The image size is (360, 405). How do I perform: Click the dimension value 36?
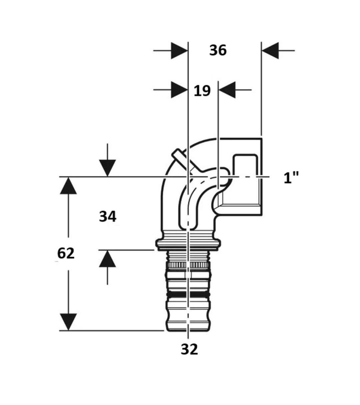(218, 50)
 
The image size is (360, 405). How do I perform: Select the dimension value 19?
(203, 91)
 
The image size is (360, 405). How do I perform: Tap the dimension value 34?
(108, 216)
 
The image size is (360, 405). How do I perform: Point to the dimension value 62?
(66, 254)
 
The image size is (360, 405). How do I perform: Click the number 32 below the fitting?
(189, 349)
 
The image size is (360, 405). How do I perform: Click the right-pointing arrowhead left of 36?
(179, 51)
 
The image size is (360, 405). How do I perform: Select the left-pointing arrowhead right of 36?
(270, 51)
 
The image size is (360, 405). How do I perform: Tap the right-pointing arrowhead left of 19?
(179, 90)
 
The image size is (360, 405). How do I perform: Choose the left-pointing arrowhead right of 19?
(227, 90)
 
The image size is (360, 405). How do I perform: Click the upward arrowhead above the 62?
(68, 185)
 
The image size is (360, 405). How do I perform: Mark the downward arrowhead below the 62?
(68, 322)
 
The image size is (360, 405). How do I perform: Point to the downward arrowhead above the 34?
(108, 168)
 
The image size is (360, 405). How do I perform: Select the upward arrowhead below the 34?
(108, 259)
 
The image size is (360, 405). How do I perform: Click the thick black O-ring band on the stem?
(188, 295)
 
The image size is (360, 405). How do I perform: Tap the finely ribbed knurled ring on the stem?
(188, 265)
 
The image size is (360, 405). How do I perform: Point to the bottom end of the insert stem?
(188, 330)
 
